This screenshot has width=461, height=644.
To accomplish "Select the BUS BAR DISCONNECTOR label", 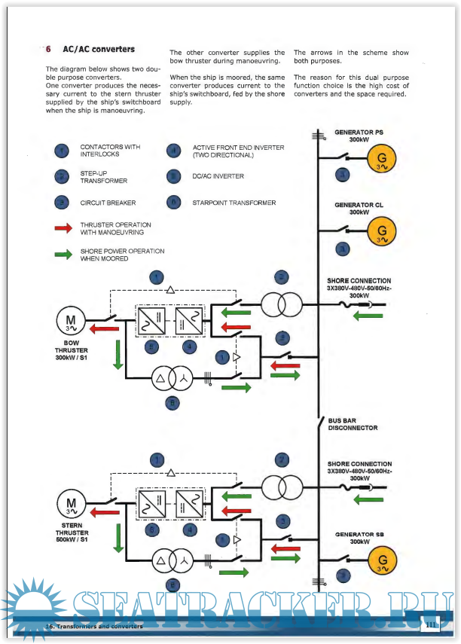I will pos(353,424).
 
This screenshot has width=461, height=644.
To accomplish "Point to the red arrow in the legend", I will pos(63,228).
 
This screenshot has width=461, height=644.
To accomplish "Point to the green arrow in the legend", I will pos(63,254).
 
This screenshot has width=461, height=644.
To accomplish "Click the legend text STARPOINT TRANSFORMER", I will pos(234,203).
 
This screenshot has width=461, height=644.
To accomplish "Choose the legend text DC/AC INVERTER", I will pos(218,176).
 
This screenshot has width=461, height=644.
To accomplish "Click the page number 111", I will pos(431,624).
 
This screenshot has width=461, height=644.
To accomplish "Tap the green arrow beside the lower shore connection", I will pos(368,499).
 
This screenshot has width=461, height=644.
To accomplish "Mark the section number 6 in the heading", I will pos(48,50).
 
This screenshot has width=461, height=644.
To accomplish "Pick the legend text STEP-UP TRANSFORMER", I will pos(104,177).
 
